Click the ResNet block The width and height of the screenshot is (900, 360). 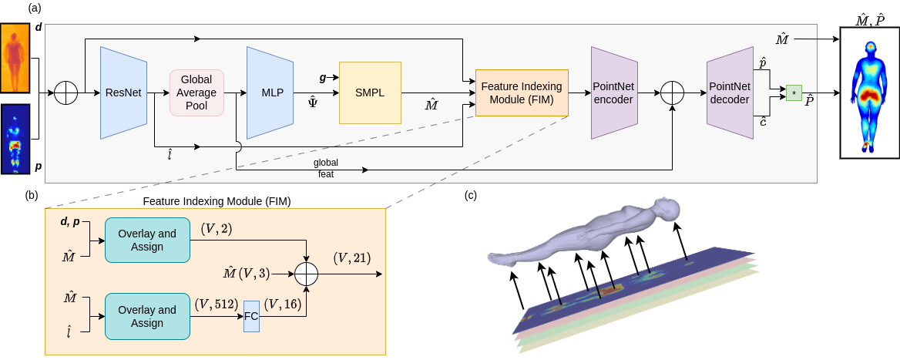tap(123, 93)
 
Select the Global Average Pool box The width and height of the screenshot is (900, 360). tap(196, 93)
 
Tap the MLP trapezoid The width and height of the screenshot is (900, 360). tap(272, 93)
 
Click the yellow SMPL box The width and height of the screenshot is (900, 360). tap(370, 93)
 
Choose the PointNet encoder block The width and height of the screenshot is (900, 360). tap(613, 93)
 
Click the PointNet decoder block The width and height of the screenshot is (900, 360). tap(728, 93)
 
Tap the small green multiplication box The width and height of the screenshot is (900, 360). tap(794, 93)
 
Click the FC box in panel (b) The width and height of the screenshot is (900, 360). tap(251, 317)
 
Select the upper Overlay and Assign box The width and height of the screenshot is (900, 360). tap(147, 240)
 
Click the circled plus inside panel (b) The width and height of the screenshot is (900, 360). tap(307, 273)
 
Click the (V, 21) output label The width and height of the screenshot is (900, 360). tap(351, 258)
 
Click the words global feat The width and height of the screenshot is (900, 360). tap(325, 169)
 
